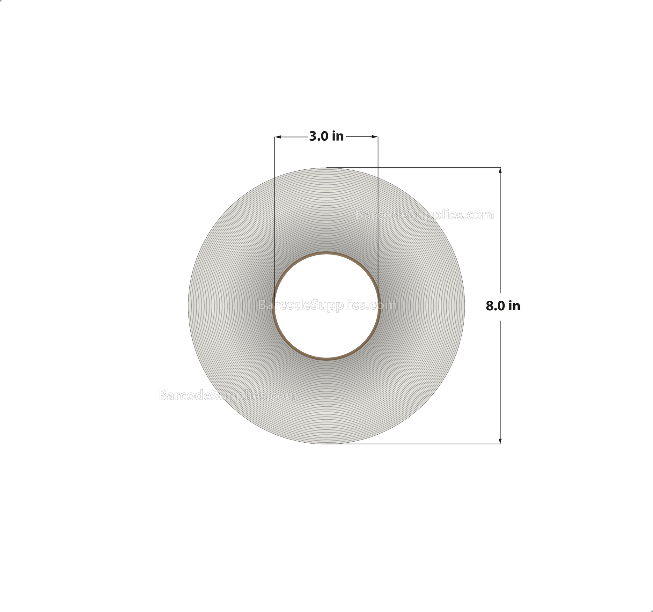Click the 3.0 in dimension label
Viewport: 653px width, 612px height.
[x=326, y=136]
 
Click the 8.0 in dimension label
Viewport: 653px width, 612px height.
[x=503, y=306]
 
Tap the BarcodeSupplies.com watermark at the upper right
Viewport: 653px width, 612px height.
[x=424, y=215]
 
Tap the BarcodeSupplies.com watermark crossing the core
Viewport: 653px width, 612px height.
[x=327, y=305]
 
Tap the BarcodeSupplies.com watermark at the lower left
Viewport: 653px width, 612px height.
[x=227, y=395]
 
